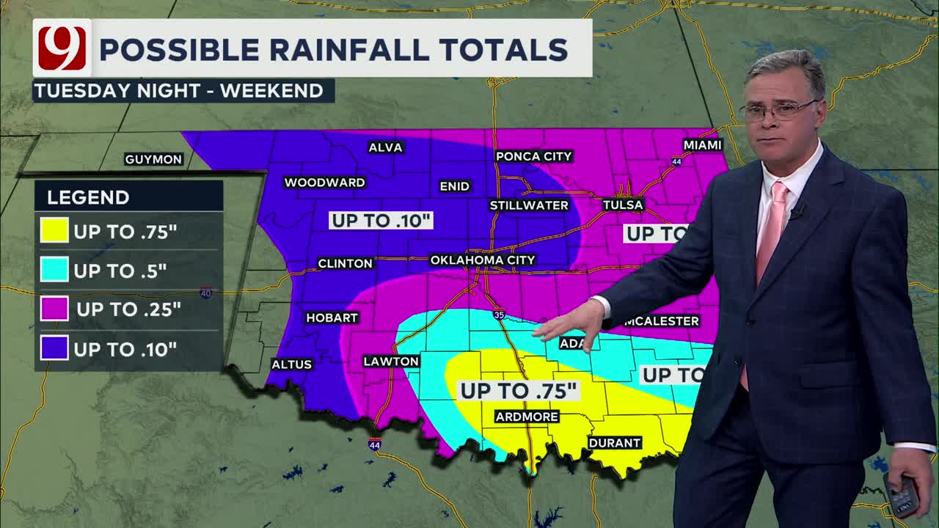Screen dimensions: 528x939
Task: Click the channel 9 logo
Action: click(62, 48)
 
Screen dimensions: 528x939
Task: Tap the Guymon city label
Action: click(153, 159)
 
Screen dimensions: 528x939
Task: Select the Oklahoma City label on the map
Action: click(483, 260)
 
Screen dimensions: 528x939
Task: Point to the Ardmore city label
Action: click(527, 417)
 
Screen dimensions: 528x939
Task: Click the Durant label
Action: click(615, 443)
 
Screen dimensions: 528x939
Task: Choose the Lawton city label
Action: click(391, 361)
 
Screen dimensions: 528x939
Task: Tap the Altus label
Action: click(292, 364)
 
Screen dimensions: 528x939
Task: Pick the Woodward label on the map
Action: click(324, 182)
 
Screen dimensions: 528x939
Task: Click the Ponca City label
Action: click(533, 156)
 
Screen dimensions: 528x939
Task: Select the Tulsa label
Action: click(623, 205)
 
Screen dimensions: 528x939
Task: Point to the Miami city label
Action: click(703, 144)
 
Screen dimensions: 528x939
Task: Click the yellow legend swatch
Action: click(55, 231)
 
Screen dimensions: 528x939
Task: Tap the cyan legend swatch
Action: click(55, 270)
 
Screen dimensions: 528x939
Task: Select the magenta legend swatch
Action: click(55, 309)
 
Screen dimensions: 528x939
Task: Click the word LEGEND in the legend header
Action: click(88, 197)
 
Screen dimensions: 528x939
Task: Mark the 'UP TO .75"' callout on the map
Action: click(518, 390)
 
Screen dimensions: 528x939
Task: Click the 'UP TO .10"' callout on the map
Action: click(381, 220)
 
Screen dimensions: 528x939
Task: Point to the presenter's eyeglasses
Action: click(779, 111)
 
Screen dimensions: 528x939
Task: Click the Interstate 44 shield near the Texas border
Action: click(375, 444)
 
